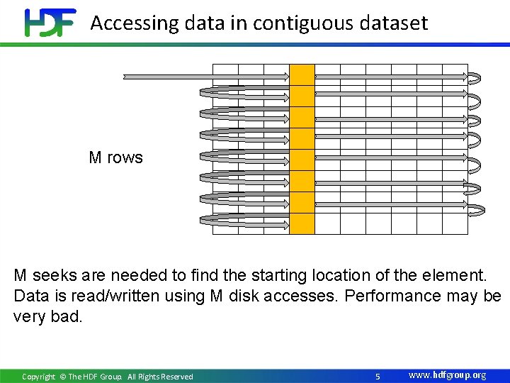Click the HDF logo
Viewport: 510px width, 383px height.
[50, 23]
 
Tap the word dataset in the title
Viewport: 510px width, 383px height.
[395, 23]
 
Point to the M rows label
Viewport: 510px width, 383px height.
[115, 157]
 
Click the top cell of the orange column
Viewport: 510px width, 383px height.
[302, 74]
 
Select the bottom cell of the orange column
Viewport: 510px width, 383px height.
[302, 223]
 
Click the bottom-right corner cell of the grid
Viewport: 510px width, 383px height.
[455, 223]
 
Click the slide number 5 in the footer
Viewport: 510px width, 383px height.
[378, 376]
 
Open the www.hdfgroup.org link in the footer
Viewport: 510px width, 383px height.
[448, 375]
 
